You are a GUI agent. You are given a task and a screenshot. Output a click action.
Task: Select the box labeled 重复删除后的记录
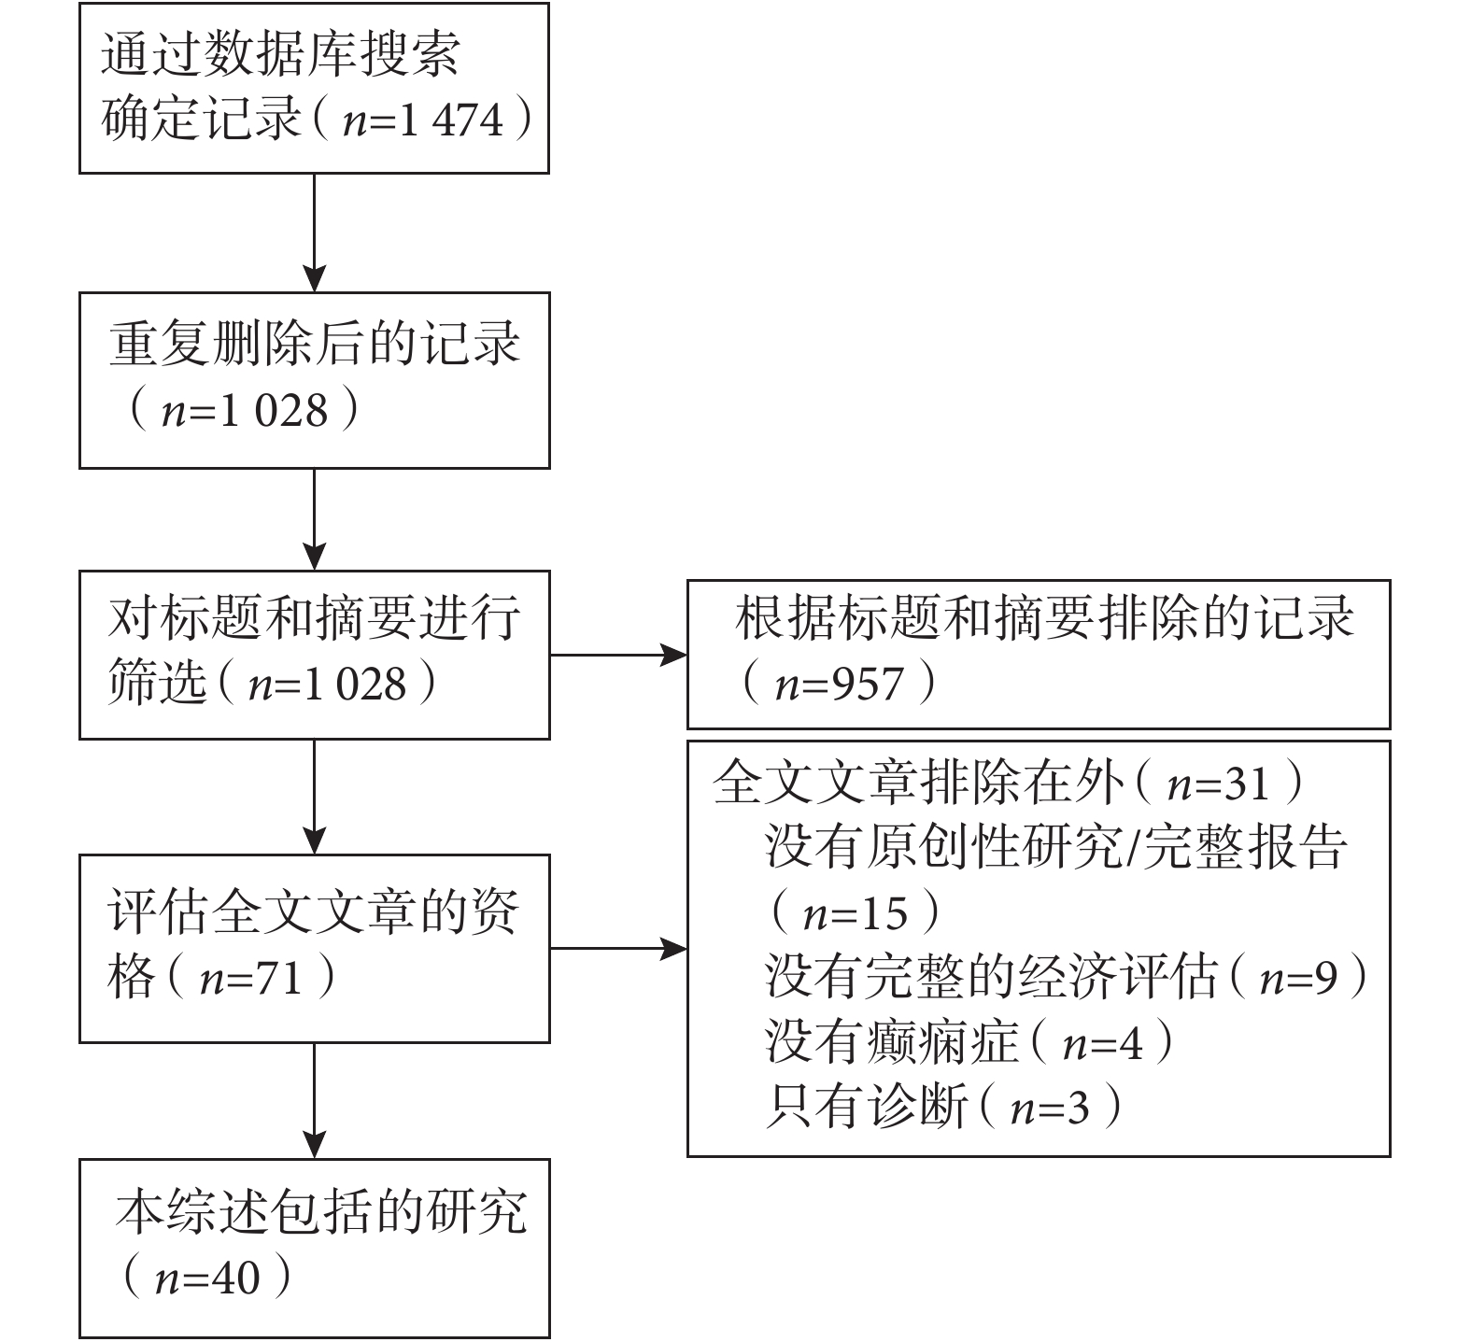(x=315, y=380)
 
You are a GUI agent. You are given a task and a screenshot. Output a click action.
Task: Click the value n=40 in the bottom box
(x=207, y=1278)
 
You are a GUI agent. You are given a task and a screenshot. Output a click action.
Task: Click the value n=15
(x=856, y=913)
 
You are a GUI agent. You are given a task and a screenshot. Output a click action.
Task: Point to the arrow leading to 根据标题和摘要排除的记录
(x=618, y=655)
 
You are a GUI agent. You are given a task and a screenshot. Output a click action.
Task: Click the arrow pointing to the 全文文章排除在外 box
(x=618, y=950)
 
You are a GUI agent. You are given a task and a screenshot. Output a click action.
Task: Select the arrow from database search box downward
(x=315, y=233)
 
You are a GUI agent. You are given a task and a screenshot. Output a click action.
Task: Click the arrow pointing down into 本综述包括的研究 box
(x=315, y=1101)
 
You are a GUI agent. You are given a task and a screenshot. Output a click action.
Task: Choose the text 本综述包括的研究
(x=321, y=1212)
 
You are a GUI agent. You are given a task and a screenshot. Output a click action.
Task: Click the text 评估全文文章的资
(x=314, y=912)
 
